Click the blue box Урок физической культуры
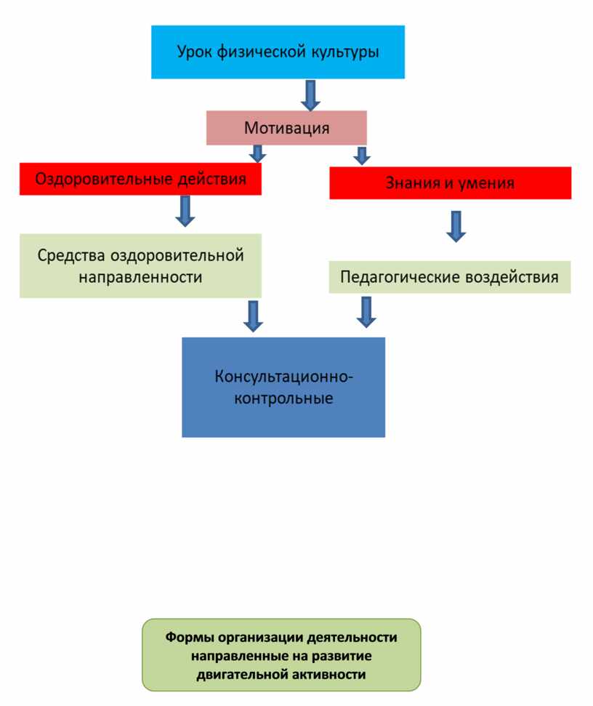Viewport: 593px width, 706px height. click(278, 52)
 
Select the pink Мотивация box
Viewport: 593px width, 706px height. click(286, 128)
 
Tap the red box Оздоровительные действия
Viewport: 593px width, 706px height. click(140, 179)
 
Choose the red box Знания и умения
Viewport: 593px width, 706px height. click(450, 183)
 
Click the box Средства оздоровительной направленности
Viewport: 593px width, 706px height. click(140, 265)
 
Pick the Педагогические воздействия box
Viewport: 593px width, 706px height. click(449, 277)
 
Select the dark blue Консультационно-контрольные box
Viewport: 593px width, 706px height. click(283, 387)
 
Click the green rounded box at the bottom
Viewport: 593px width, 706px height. click(281, 654)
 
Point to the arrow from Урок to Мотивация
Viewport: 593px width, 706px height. click(311, 95)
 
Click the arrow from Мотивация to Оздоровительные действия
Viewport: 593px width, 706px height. click(257, 154)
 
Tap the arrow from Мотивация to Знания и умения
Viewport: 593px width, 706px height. click(361, 155)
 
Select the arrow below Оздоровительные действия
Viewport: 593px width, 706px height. click(185, 210)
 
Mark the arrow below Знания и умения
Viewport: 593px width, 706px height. click(456, 225)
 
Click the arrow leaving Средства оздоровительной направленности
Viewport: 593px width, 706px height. click(253, 316)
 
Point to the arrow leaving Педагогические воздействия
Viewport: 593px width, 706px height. click(366, 311)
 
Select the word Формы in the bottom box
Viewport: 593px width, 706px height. click(187, 638)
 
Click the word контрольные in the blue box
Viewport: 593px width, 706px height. click(283, 398)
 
